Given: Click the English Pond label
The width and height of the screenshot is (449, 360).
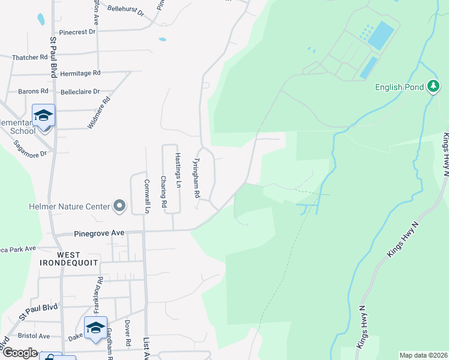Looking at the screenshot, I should [400, 87].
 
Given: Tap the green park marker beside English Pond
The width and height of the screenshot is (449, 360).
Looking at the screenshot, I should [433, 86].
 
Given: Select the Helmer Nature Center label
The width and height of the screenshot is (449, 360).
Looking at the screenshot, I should [69, 206].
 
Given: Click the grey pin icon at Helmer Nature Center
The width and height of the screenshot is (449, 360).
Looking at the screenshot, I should [119, 206].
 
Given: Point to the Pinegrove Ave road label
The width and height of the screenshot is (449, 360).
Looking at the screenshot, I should [98, 233].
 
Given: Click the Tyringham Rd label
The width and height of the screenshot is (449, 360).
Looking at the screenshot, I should [195, 179].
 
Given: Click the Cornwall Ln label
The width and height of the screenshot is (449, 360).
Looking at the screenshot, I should [146, 196].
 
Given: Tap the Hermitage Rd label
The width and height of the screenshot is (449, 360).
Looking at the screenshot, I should [80, 73].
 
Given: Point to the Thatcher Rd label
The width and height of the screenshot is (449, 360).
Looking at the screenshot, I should [29, 58].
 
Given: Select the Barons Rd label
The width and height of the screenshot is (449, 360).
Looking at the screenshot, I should [33, 92].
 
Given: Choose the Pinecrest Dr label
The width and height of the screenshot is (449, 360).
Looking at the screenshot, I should [77, 32].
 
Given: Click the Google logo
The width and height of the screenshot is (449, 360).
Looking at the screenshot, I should [19, 353].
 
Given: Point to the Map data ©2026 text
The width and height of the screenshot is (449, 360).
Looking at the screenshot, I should [423, 355].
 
